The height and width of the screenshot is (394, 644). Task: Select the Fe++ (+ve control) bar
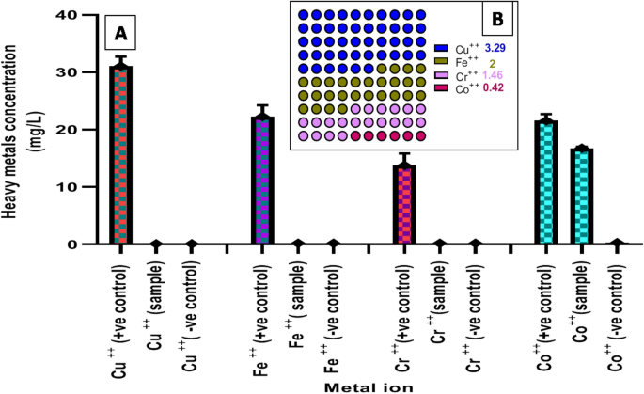261,180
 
